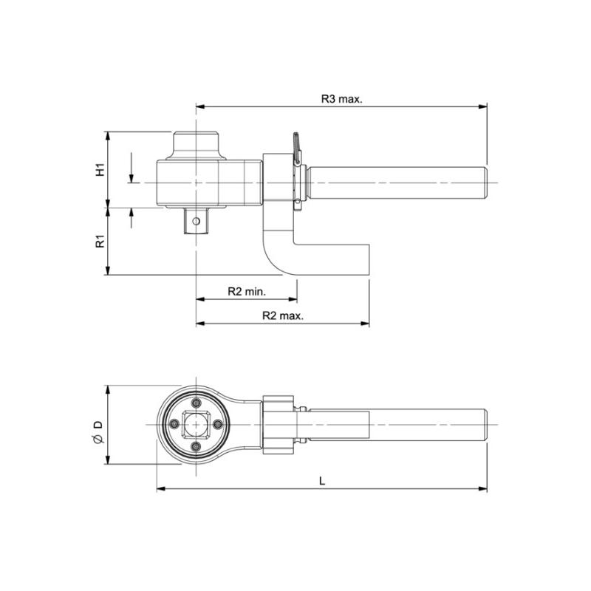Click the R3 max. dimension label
pyautogui.click(x=341, y=99)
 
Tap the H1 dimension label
pyautogui.click(x=100, y=170)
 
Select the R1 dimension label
pyautogui.click(x=100, y=242)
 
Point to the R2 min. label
pyautogui.click(x=247, y=291)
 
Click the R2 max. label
pyautogui.click(x=283, y=315)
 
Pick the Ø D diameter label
pyautogui.click(x=98, y=432)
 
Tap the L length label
pyautogui.click(x=322, y=481)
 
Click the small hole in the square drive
pyautogui.click(x=196, y=221)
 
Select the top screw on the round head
pyautogui.click(x=196, y=403)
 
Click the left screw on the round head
pyautogui.click(x=174, y=424)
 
